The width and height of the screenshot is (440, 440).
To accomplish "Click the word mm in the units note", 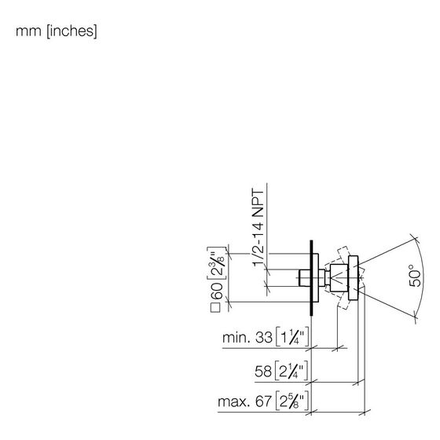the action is pyautogui.click(x=28, y=31).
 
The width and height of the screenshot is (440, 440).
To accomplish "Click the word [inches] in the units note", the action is pyautogui.click(x=71, y=31).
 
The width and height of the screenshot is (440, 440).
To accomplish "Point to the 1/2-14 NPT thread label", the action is pyautogui.click(x=258, y=228).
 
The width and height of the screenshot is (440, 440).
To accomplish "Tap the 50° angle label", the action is pyautogui.click(x=416, y=275).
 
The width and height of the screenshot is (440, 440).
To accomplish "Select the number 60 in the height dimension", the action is pyautogui.click(x=217, y=291).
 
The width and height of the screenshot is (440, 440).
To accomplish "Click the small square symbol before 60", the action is pyautogui.click(x=215, y=308).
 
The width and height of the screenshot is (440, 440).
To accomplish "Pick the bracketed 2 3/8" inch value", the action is pyautogui.click(x=217, y=263).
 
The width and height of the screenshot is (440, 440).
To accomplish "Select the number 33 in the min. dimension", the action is pyautogui.click(x=264, y=338).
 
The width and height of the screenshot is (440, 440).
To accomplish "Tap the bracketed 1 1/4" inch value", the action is pyautogui.click(x=292, y=337).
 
